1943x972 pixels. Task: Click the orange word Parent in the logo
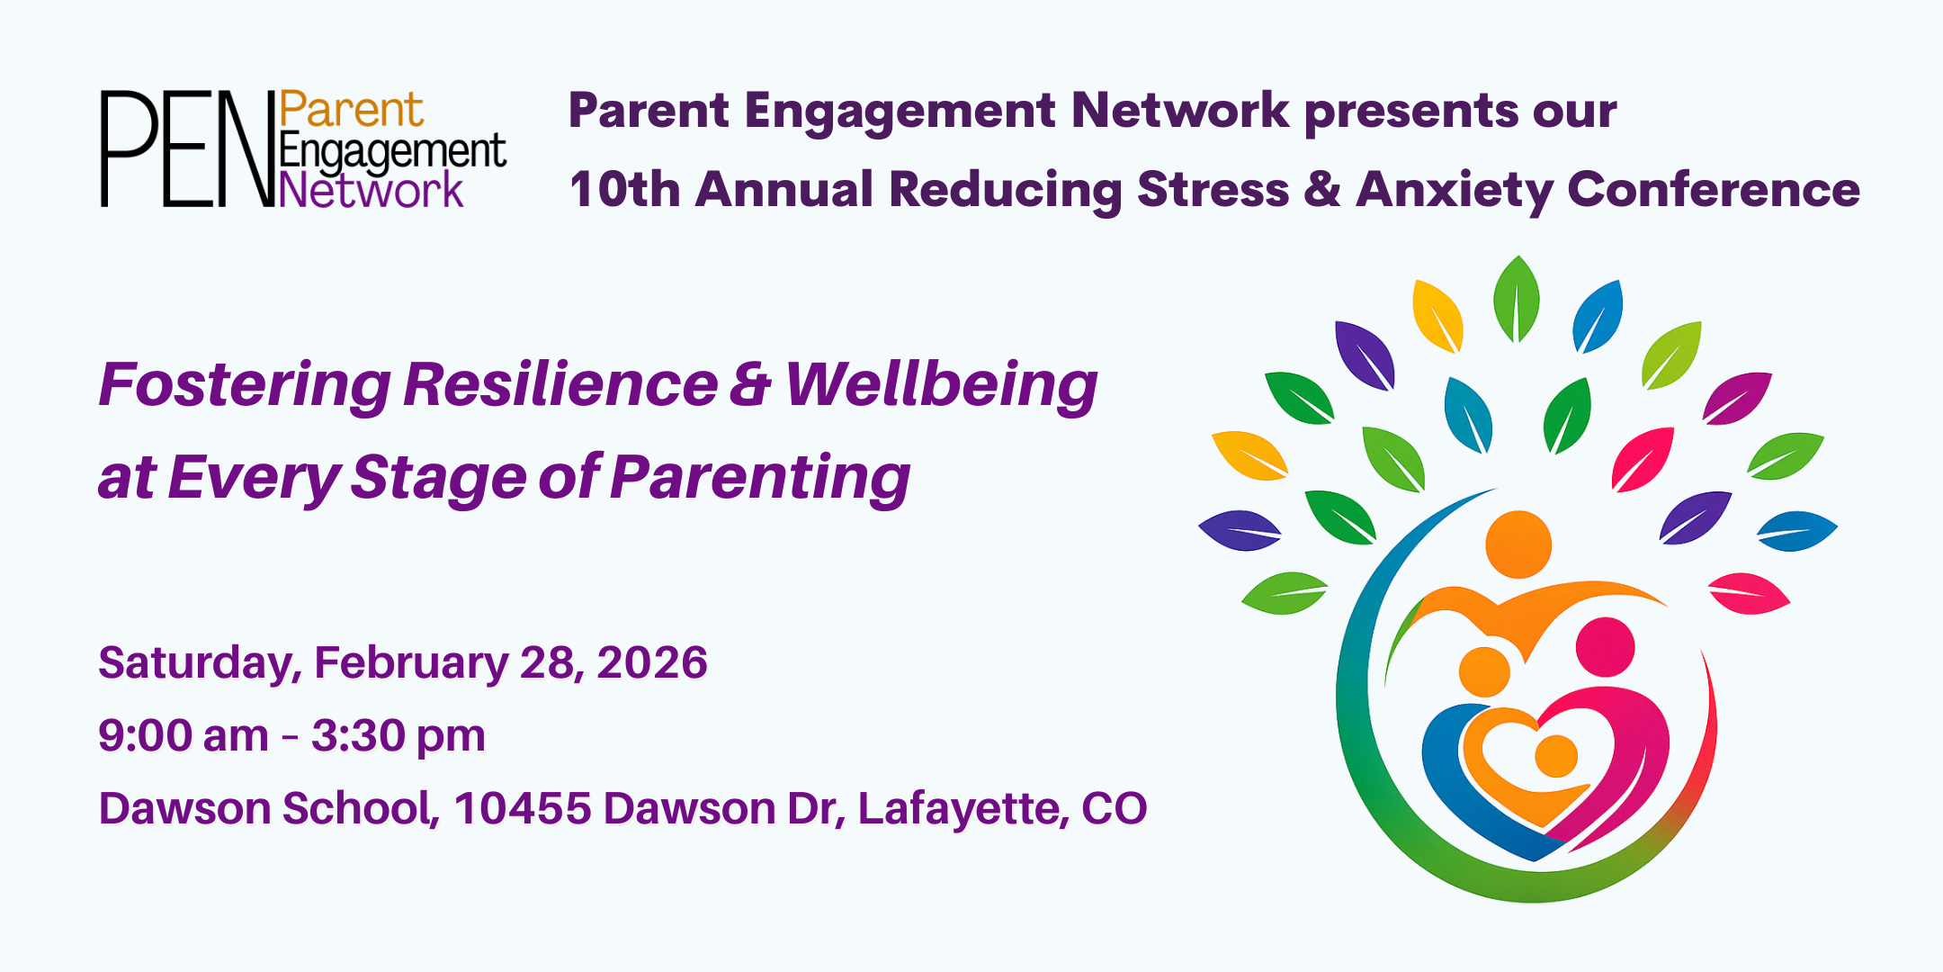pos(351,111)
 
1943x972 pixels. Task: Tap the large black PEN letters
pos(187,148)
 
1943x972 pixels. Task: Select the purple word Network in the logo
pos(371,190)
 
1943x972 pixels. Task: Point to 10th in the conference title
pos(625,190)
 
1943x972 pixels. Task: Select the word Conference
pos(1714,190)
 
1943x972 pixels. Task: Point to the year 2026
pos(652,662)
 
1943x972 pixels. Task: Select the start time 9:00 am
pos(184,735)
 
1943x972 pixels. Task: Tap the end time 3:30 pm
pos(398,737)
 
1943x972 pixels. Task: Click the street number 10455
pos(523,808)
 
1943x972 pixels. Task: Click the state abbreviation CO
pos(1115,808)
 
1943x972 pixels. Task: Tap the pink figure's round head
pos(1606,647)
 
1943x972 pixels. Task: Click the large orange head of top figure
pos(1518,544)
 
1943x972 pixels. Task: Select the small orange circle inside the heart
pos(1556,756)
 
